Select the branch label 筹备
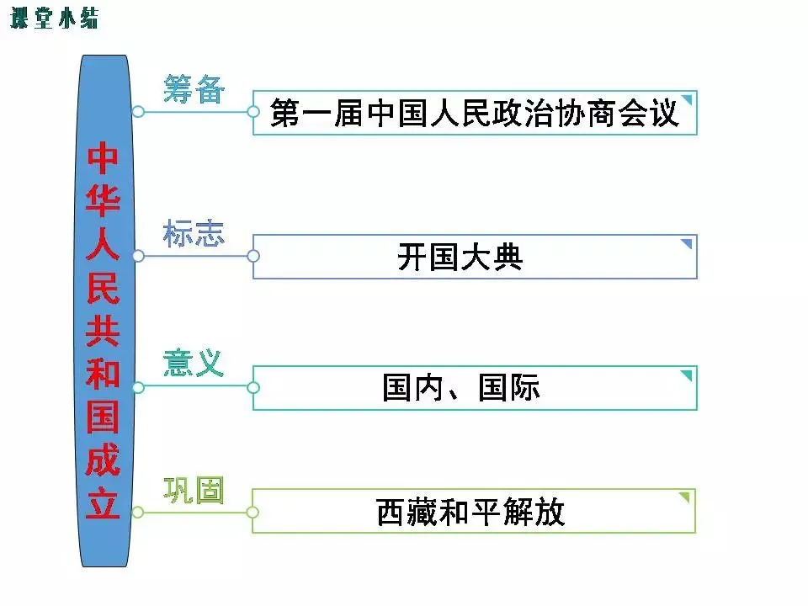point(194,88)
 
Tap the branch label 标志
point(194,233)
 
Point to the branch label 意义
point(194,363)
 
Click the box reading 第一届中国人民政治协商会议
point(475,113)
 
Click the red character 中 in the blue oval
point(104,157)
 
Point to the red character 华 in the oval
point(104,202)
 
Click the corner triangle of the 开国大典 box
point(687,244)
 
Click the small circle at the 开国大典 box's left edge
point(253,256)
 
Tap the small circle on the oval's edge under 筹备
point(138,111)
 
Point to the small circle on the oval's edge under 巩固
point(138,512)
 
